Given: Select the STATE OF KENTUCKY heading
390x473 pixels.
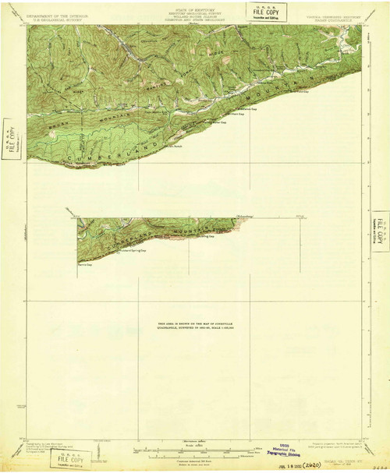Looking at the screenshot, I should pyautogui.click(x=195, y=8).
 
